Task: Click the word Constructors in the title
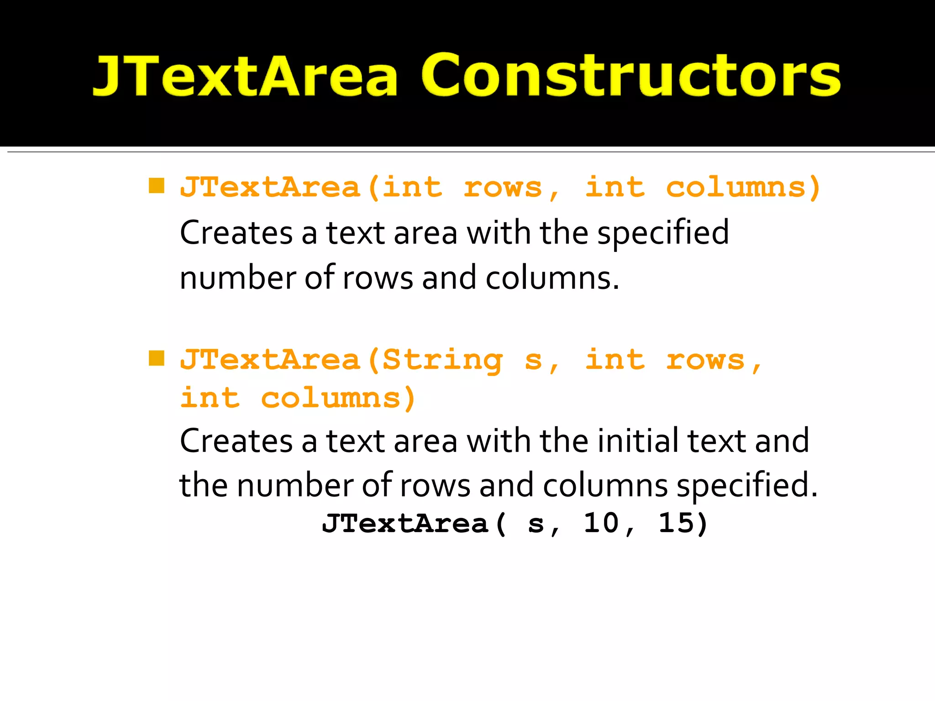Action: pyautogui.click(x=630, y=75)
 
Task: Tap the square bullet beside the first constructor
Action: pyautogui.click(x=157, y=186)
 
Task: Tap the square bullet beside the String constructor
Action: pyautogui.click(x=157, y=359)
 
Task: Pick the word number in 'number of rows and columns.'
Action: pyautogui.click(x=238, y=278)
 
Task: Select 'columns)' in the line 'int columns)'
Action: pyautogui.click(x=338, y=398)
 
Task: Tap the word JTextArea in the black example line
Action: pyautogui.click(x=405, y=523)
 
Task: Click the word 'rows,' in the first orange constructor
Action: pyautogui.click(x=510, y=188)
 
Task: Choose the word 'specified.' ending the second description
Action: pyautogui.click(x=747, y=486)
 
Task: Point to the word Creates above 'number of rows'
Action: pyautogui.click(x=236, y=233)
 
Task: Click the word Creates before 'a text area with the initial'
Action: pyautogui.click(x=236, y=441)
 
